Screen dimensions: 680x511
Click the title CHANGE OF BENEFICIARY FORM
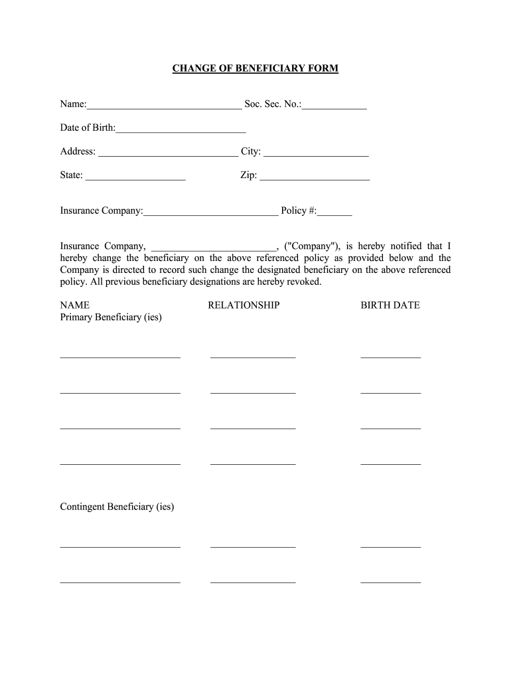coord(256,68)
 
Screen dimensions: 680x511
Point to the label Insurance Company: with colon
coord(102,211)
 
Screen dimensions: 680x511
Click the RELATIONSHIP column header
coord(244,305)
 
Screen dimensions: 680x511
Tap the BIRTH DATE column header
coord(390,305)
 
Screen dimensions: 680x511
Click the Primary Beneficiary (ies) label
coord(111,317)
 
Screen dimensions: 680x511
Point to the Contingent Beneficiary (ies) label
coord(117,507)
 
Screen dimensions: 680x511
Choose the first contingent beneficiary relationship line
coord(253,546)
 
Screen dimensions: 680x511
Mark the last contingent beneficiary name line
coord(120,581)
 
